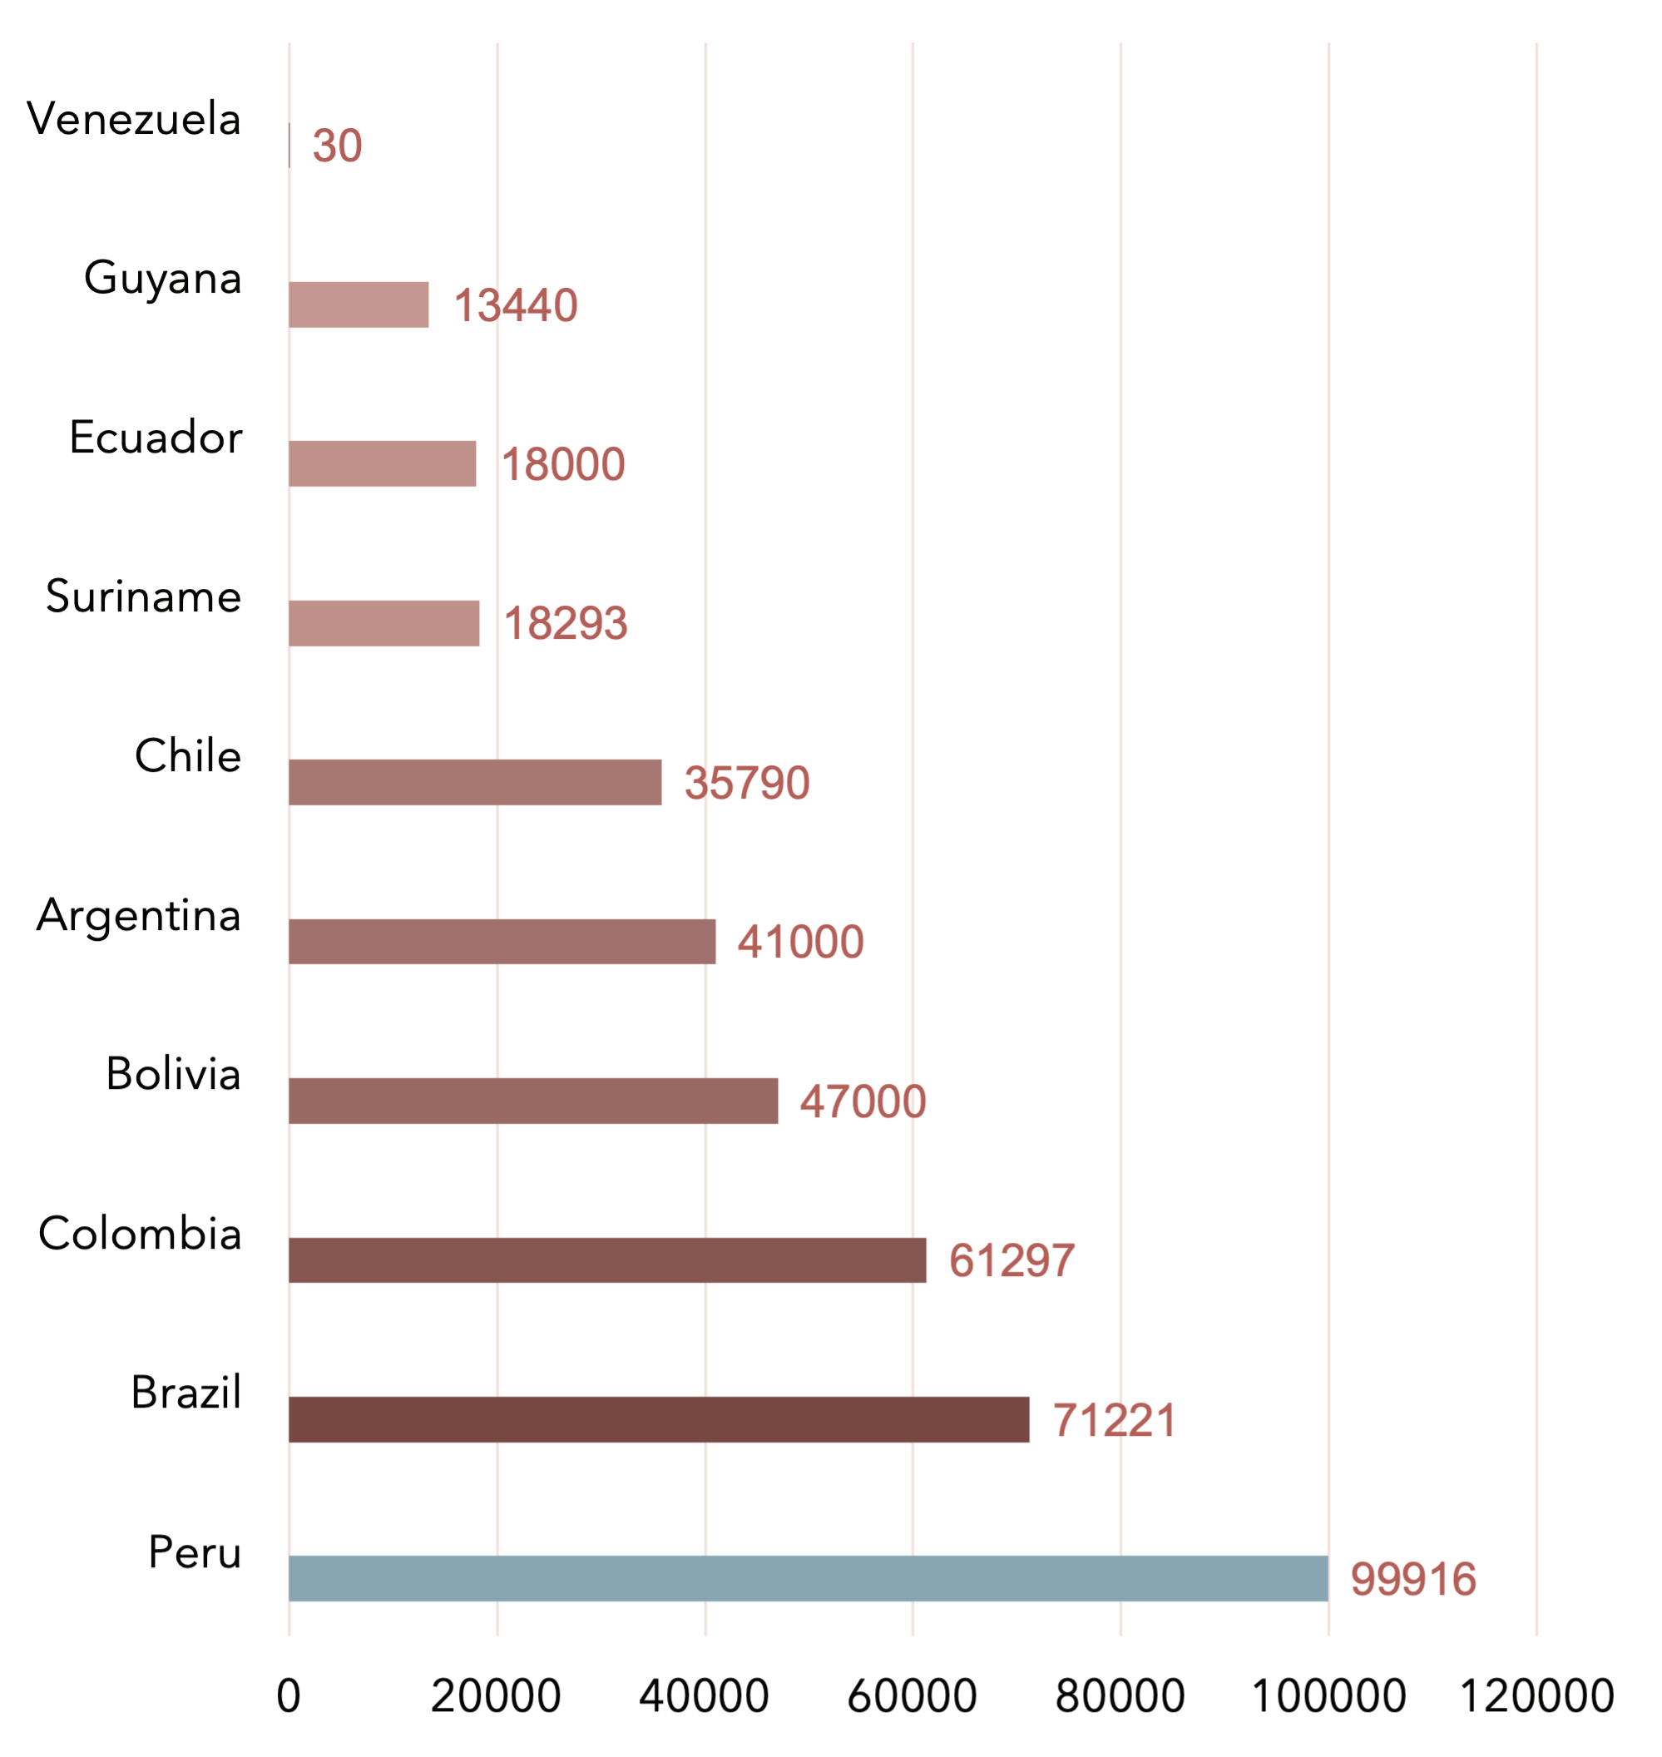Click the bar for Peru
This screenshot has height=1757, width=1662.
pyautogui.click(x=808, y=1578)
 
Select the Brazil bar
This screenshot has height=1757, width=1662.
pyautogui.click(x=659, y=1419)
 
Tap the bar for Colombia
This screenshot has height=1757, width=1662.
pyautogui.click(x=608, y=1260)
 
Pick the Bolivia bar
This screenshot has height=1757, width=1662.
pyautogui.click(x=533, y=1101)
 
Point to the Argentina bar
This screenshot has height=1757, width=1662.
pyautogui.click(x=502, y=941)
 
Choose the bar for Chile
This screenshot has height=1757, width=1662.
pyautogui.click(x=476, y=782)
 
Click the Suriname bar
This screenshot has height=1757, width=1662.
pyautogui.click(x=384, y=623)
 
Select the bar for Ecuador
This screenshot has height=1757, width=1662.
pyautogui.click(x=383, y=463)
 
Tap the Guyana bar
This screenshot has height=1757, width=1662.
pyautogui.click(x=359, y=304)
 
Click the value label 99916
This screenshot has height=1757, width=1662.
pyautogui.click(x=1413, y=1579)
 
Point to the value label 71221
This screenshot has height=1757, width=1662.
pyautogui.click(x=1114, y=1420)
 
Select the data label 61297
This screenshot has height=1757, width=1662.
pyautogui.click(x=1012, y=1261)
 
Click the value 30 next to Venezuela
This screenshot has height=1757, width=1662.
pyautogui.click(x=338, y=146)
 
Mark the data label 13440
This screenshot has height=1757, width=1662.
pyautogui.click(x=516, y=305)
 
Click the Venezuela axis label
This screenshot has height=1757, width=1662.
pyautogui.click(x=134, y=119)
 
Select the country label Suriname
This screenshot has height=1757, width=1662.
pyautogui.click(x=144, y=596)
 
